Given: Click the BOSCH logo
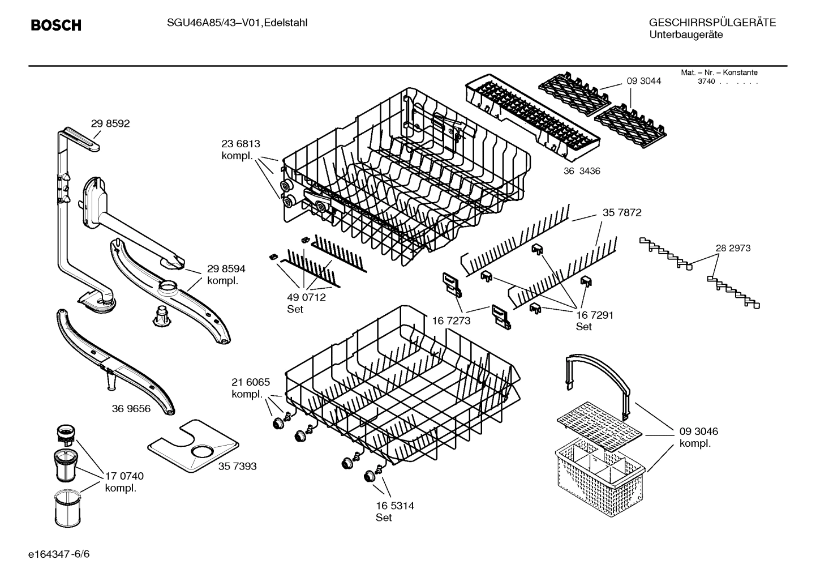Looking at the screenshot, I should (56, 25).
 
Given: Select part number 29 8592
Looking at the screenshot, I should (110, 123).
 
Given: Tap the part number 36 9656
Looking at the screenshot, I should (131, 408).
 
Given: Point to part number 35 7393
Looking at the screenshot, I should (237, 466).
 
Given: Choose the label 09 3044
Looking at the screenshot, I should (644, 81).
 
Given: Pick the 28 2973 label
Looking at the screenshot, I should (733, 248).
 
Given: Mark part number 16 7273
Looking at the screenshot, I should (451, 321).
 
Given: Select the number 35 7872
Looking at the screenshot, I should (622, 213).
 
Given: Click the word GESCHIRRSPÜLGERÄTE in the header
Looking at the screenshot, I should (712, 23).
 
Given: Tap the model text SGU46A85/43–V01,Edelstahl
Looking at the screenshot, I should (237, 23).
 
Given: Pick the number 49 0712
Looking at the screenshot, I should (307, 297).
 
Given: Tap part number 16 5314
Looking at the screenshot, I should (395, 506).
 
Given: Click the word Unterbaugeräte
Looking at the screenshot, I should (686, 35).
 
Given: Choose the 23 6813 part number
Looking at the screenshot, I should (240, 144).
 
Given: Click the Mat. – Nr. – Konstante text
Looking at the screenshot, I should (719, 72).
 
